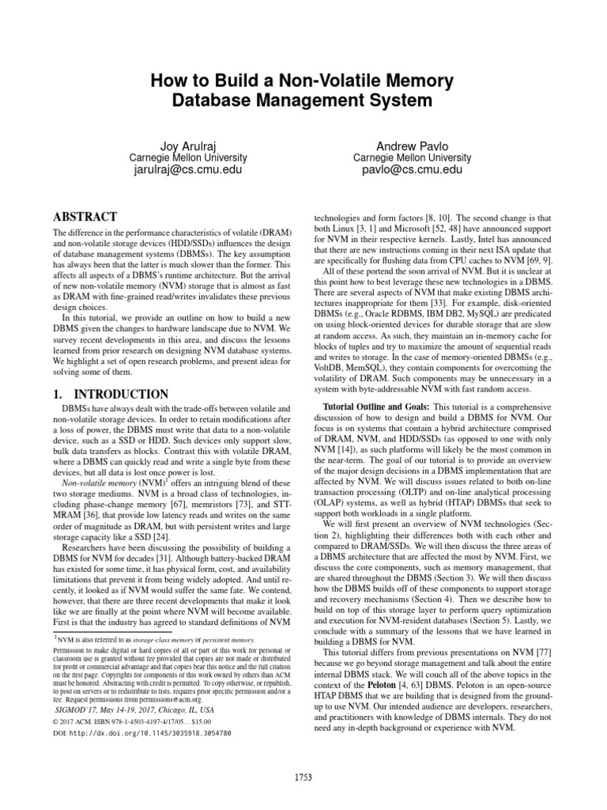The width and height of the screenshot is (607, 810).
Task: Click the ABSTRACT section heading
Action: pos(85,216)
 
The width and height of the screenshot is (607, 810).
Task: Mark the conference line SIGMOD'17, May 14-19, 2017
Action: pos(126,710)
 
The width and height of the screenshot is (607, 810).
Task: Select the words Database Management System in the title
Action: pos(303,100)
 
